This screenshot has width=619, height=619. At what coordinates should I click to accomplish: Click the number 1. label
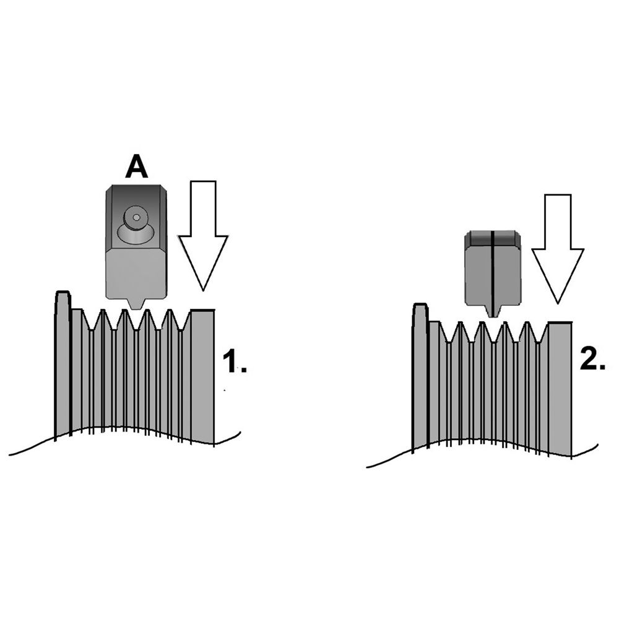point(234,362)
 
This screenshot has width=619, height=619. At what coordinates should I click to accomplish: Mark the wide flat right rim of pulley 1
point(202,371)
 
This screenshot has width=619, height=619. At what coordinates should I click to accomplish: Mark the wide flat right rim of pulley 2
point(560,384)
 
